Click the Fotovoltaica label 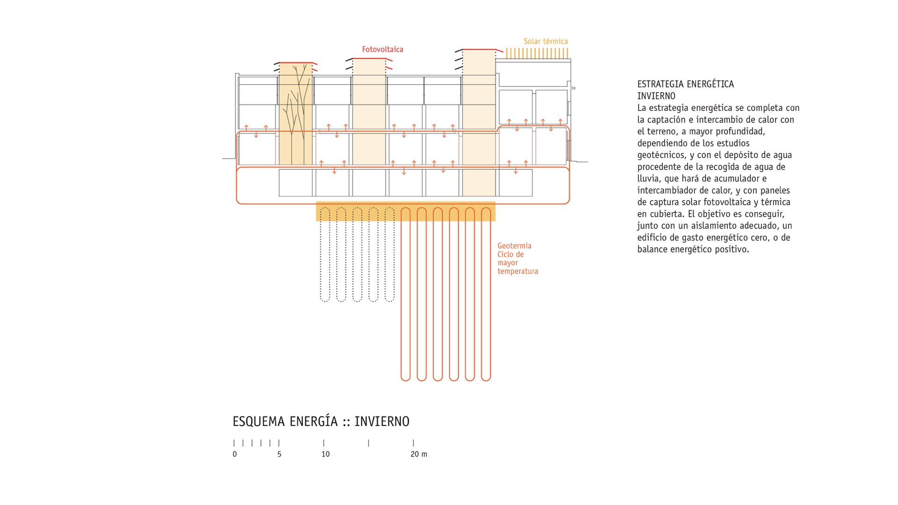382,50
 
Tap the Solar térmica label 545,42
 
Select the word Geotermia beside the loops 514,246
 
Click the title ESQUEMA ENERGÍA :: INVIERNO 321,421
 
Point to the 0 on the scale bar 235,454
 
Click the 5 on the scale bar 279,454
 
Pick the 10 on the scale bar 326,454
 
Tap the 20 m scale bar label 419,454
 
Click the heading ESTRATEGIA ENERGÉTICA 685,84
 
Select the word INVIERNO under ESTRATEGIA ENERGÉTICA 656,96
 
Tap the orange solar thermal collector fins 537,53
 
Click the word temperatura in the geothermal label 517,271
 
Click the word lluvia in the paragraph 648,179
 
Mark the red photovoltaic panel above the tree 296,63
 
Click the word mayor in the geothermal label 507,263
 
